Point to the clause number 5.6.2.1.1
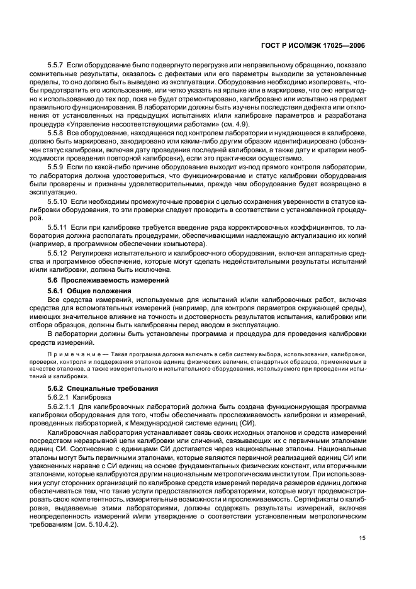coord(63,408)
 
